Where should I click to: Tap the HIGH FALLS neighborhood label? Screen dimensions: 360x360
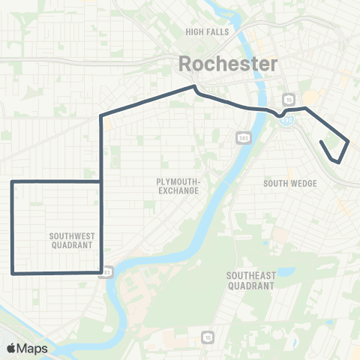click(x=206, y=32)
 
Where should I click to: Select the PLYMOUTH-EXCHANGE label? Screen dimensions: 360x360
click(x=177, y=186)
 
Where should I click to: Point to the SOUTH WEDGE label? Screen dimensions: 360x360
click(x=290, y=183)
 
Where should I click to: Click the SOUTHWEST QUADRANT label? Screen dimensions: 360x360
click(x=70, y=240)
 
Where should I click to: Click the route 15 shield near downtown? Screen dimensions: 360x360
click(x=288, y=98)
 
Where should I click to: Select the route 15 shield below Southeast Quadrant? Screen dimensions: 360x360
click(x=207, y=338)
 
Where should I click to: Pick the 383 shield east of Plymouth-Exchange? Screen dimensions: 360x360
click(x=243, y=138)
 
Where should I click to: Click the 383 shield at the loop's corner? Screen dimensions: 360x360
click(x=108, y=271)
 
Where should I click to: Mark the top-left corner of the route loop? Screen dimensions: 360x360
click(x=12, y=181)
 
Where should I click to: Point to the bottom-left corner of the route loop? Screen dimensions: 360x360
click(x=12, y=273)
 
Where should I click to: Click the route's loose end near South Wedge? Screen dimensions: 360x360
click(x=321, y=141)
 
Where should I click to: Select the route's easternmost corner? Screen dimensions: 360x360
click(x=349, y=139)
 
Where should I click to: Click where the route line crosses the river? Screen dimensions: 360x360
click(x=262, y=109)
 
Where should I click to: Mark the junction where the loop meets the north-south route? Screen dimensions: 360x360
click(x=101, y=181)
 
